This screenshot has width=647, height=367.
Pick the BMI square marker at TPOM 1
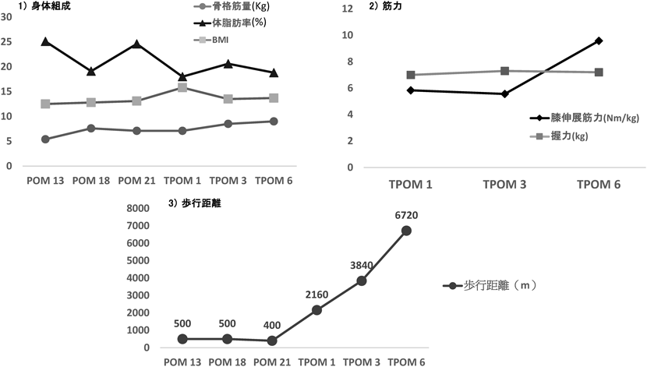coord(183,87)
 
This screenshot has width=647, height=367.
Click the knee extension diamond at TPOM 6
coord(598,41)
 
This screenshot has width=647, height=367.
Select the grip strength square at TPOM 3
coord(505,71)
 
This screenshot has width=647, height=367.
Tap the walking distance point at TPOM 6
coord(406,231)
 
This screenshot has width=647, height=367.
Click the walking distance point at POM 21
coord(272,341)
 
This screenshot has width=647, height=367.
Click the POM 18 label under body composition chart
coord(91,181)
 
